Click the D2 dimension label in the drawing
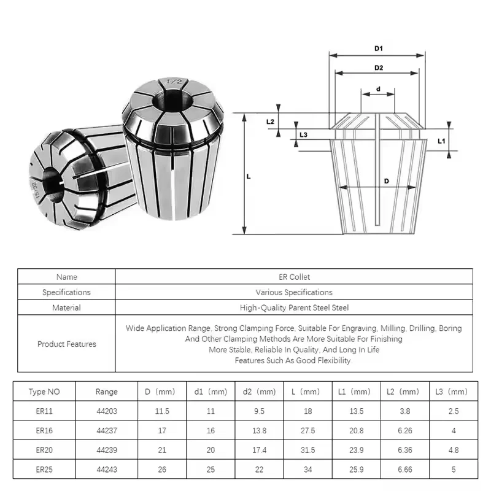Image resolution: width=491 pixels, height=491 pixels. tap(378, 67)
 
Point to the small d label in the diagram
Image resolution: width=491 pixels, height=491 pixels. tap(378, 89)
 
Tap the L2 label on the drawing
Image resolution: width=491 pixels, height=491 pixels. tap(270, 122)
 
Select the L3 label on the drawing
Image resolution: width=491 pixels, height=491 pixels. tap(303, 134)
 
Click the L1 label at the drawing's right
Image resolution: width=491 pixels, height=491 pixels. tap(441, 141)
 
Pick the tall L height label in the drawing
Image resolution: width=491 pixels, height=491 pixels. tap(249, 176)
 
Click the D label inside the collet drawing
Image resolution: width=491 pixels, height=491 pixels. tap(386, 181)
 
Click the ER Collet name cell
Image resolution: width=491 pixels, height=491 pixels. tap(294, 277)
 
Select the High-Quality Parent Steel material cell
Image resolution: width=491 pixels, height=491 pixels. tap(294, 307)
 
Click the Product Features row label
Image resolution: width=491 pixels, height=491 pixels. tap(66, 344)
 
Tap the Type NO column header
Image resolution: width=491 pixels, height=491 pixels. tap(45, 392)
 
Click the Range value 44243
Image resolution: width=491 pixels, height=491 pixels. tap(106, 470)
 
